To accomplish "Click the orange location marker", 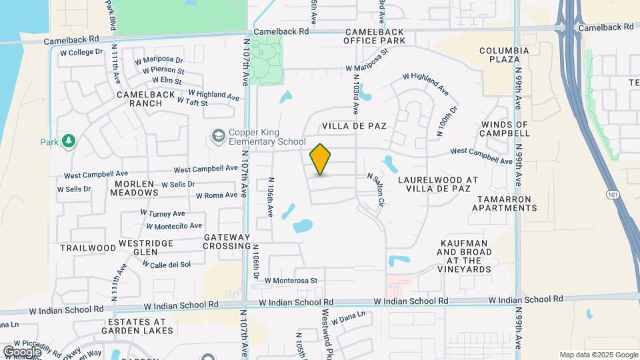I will click(321, 159).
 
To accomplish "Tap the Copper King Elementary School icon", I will click(218, 136).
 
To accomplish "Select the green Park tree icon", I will click(68, 141).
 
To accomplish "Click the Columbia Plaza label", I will click(504, 55).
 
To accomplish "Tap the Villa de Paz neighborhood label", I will click(354, 125).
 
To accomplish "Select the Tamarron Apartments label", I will click(505, 203).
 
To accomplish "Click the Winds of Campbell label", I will click(504, 129).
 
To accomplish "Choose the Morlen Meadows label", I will click(137, 188).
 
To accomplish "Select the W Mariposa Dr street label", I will click(158, 59).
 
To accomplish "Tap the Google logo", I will click(22, 351).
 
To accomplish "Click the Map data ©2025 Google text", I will click(598, 355).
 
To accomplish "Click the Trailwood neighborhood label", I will click(88, 247).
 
